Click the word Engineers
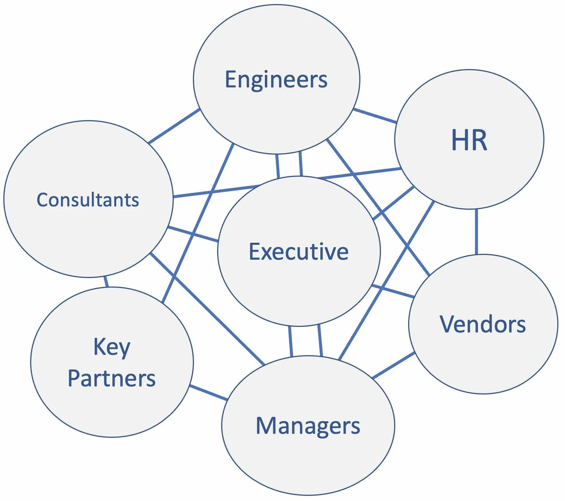click(276, 80)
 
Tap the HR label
click(469, 140)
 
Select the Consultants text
click(88, 200)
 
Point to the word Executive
click(299, 252)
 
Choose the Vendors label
click(483, 324)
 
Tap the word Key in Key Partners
click(112, 347)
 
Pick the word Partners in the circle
click(112, 378)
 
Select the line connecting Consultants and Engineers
click(174, 126)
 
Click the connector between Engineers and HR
click(375, 116)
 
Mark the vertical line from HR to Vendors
click(476, 231)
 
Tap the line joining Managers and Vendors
click(393, 365)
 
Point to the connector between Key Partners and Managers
click(209, 393)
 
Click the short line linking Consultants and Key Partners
click(106, 282)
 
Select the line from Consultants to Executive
click(193, 234)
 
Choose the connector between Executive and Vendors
click(393, 291)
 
